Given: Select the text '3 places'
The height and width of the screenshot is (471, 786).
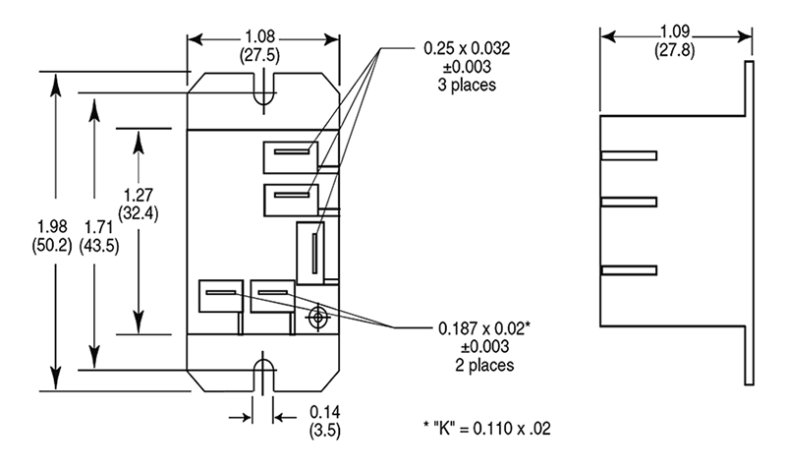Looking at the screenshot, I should point(466,85).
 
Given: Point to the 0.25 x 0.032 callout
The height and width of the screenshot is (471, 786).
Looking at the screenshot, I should point(467,47).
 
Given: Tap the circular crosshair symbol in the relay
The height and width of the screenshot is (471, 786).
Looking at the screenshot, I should point(317,318).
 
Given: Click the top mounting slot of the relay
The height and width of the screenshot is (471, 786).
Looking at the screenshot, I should point(262,88).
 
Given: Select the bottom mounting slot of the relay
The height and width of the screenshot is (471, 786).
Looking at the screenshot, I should point(262,377).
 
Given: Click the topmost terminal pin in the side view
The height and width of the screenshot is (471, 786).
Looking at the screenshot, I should point(628,155).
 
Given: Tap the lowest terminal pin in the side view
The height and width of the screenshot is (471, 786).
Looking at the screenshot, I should point(628,269).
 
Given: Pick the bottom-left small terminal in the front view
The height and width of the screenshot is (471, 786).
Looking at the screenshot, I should point(218,296).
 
